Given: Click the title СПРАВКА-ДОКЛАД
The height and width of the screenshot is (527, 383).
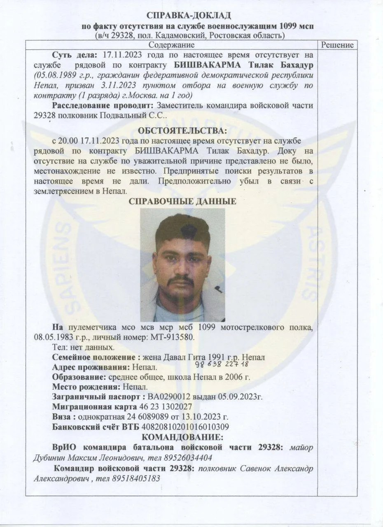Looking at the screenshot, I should (x=189, y=16).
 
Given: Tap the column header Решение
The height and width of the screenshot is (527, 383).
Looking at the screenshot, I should (x=337, y=45).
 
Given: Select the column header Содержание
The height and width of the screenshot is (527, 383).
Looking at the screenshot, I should (x=171, y=45).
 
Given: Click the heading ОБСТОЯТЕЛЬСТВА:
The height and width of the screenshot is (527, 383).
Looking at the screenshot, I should (x=182, y=131).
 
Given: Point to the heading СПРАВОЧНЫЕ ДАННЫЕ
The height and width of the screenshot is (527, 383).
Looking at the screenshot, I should (x=182, y=202).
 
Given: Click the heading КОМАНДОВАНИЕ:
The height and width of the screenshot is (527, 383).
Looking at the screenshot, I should (x=182, y=437).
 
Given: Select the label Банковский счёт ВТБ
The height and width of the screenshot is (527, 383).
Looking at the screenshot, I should (x=96, y=427).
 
